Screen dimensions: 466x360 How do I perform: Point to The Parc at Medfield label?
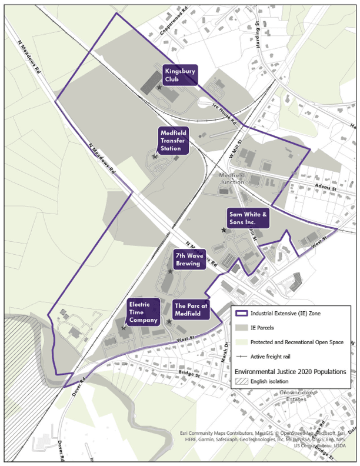pyautogui.click(x=192, y=310)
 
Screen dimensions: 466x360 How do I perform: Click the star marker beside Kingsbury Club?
pyautogui.click(x=159, y=87)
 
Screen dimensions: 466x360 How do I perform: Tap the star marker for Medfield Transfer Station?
pyautogui.click(x=155, y=157)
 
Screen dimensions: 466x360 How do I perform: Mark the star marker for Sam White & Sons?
pyautogui.click(x=224, y=230)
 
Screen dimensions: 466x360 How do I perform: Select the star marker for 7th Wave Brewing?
pyautogui.click(x=171, y=271)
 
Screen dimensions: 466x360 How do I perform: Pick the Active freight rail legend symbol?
pyautogui.click(x=241, y=357)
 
